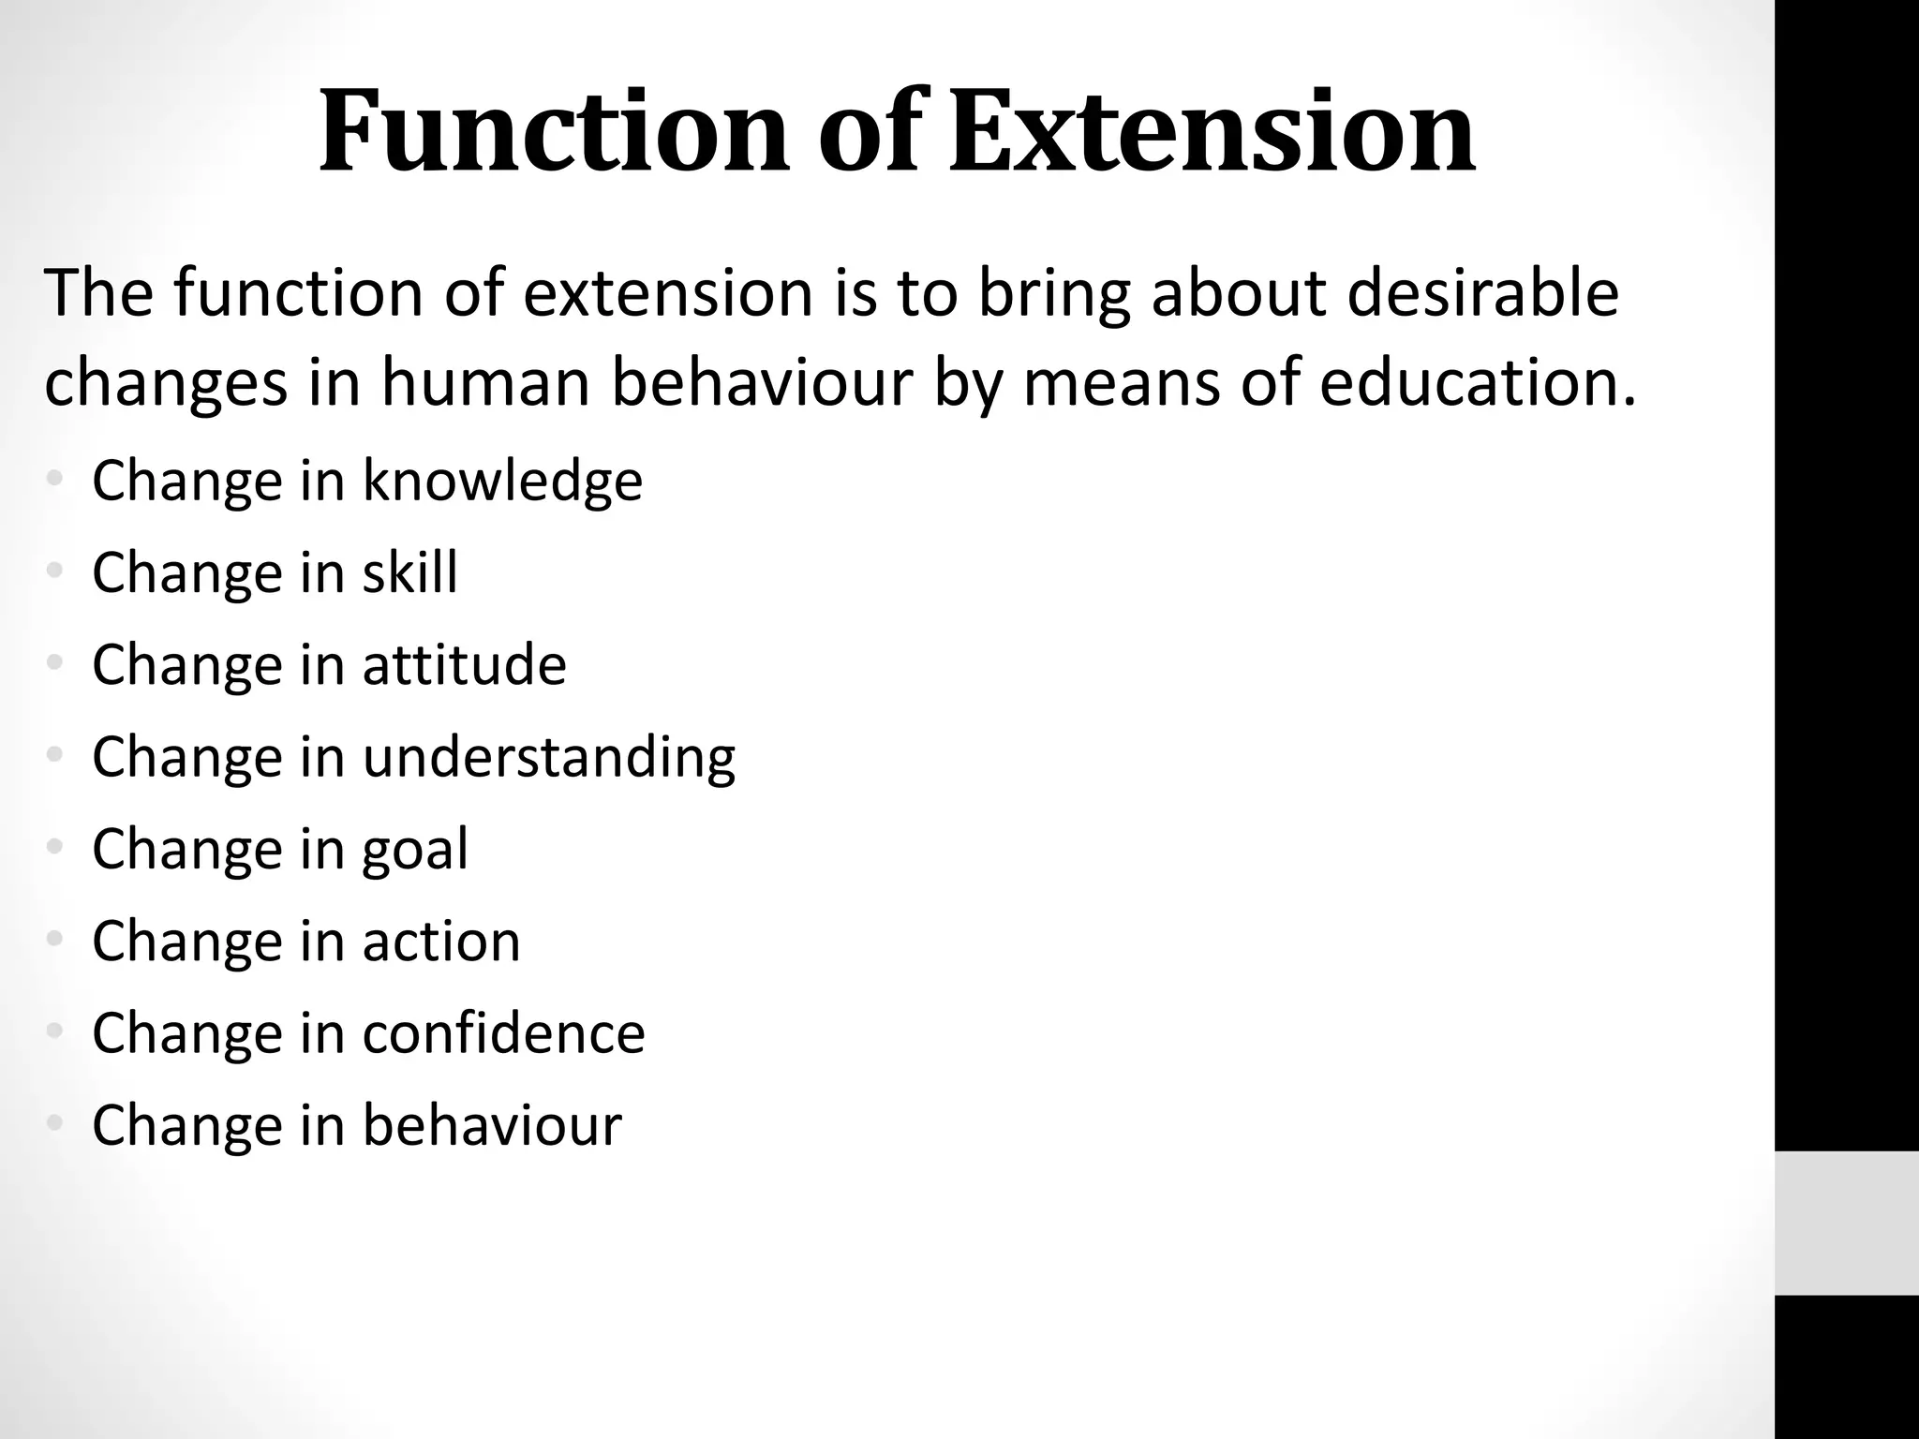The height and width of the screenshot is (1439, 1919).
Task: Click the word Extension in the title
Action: [1212, 133]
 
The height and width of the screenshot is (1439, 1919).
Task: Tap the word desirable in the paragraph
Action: [1483, 293]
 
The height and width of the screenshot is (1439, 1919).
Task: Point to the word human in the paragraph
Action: [485, 385]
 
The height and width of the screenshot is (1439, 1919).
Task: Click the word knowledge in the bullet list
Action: [502, 482]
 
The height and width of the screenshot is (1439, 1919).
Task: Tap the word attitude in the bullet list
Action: [465, 665]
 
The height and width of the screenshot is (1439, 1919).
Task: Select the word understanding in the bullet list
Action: [549, 757]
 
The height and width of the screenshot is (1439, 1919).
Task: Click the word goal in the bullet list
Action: [415, 849]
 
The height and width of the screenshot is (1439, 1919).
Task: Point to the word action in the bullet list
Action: [441, 942]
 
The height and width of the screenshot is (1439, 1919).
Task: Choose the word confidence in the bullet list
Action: [504, 1033]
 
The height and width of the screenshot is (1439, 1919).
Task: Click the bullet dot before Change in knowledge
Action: [55, 480]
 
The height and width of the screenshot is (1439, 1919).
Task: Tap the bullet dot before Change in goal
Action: [55, 848]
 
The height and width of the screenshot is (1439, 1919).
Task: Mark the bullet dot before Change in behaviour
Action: [55, 1123]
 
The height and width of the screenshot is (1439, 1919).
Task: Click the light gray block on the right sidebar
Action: [1846, 1223]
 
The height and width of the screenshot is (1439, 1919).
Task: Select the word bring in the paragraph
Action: [1053, 293]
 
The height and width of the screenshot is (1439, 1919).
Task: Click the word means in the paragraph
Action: [1121, 385]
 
